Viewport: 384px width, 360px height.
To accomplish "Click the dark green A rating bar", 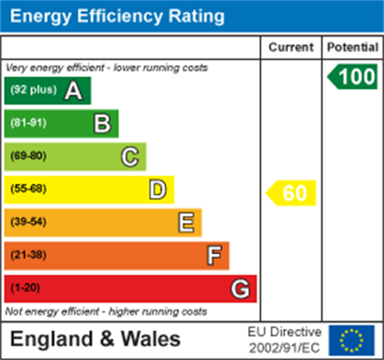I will point(48,90).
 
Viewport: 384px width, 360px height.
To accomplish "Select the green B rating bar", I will point(61,124).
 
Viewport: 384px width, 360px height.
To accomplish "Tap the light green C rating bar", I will point(75,157).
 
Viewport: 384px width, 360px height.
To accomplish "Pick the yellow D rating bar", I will point(89,190).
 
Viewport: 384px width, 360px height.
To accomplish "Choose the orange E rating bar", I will point(103,223).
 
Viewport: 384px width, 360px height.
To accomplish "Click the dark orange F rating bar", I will point(117,255).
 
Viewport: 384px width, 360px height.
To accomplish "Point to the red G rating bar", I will point(130,289).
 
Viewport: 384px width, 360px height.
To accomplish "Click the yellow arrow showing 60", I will point(292,193).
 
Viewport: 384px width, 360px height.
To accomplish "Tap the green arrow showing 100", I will point(353,77).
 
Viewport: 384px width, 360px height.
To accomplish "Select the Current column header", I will point(291,47).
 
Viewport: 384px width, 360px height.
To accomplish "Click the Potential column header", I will point(353,47).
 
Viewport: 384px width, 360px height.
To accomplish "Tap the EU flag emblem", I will point(351,340).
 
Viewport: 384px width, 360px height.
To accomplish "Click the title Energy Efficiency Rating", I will point(117,16).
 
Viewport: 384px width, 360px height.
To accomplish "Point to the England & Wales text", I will point(95,339).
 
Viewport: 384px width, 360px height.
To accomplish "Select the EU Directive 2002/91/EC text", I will point(285,340).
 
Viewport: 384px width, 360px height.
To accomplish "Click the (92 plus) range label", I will point(34,90).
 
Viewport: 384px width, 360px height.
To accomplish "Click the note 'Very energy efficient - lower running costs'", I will point(106,68).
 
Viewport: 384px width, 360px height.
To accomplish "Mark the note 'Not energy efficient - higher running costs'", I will point(106,311).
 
